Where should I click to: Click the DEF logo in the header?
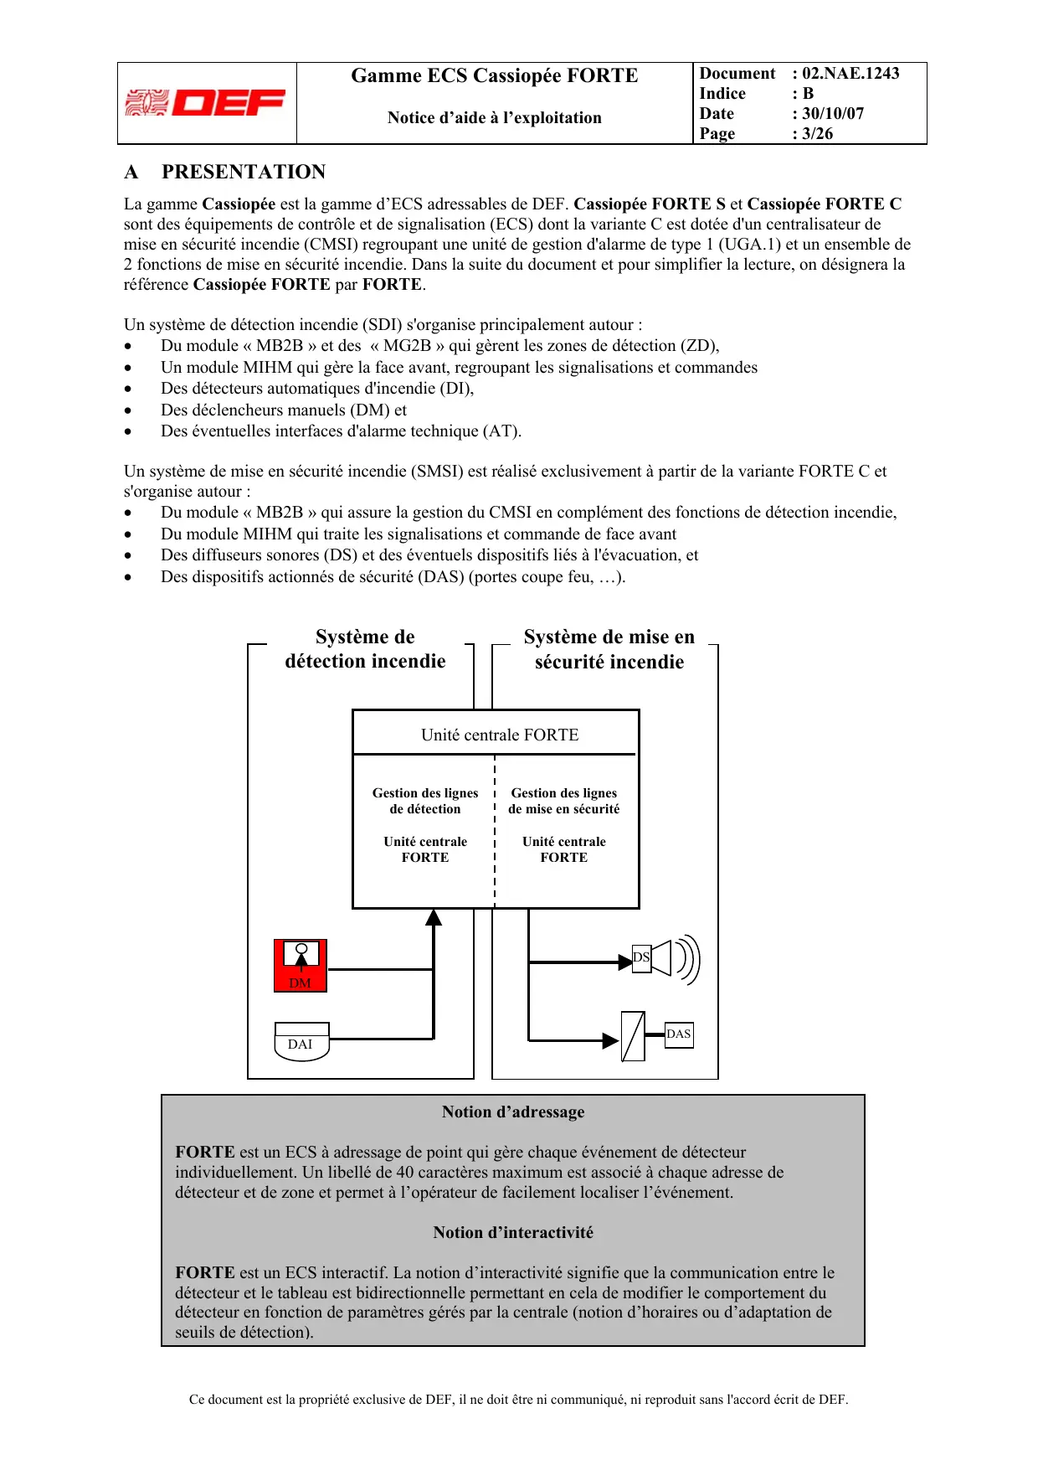pyautogui.click(x=206, y=103)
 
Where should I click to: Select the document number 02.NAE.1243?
pyautogui.click(x=850, y=74)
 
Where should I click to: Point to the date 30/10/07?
pyautogui.click(x=833, y=114)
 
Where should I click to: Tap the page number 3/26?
pyautogui.click(x=817, y=134)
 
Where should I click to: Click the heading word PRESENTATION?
pyautogui.click(x=244, y=172)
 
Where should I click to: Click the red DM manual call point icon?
pyautogui.click(x=301, y=966)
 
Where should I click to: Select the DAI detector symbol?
pyautogui.click(x=301, y=1041)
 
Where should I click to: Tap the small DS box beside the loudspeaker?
pyautogui.click(x=641, y=957)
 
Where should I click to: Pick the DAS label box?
pyautogui.click(x=679, y=1034)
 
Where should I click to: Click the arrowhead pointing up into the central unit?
pyautogui.click(x=434, y=918)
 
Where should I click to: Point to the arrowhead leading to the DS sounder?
pyautogui.click(x=624, y=962)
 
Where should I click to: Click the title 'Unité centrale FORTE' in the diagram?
pyautogui.click(x=500, y=735)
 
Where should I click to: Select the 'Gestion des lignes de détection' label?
pyautogui.click(x=425, y=801)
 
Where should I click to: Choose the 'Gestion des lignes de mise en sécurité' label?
pyautogui.click(x=564, y=801)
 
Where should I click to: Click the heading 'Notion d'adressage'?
pyautogui.click(x=513, y=1112)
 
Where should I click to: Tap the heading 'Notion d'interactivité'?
pyautogui.click(x=513, y=1232)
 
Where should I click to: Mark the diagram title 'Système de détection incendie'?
pyautogui.click(x=365, y=649)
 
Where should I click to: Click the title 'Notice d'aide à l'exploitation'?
pyautogui.click(x=494, y=118)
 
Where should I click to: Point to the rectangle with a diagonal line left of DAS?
pyautogui.click(x=633, y=1036)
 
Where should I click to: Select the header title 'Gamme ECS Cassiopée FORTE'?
pyautogui.click(x=494, y=76)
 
